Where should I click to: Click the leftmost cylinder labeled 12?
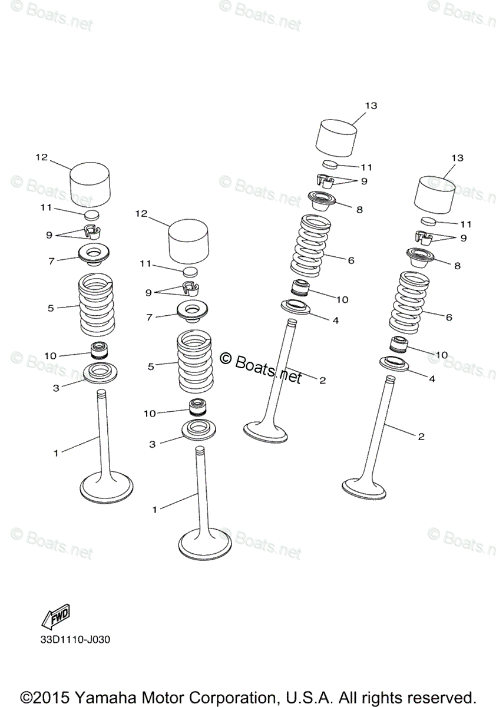[90, 183]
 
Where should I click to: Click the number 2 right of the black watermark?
[322, 380]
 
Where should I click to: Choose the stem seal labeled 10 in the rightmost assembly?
[400, 345]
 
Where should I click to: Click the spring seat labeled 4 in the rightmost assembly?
[394, 365]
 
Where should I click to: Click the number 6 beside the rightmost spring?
[449, 317]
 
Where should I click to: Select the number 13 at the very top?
[371, 105]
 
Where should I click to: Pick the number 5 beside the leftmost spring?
[51, 308]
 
